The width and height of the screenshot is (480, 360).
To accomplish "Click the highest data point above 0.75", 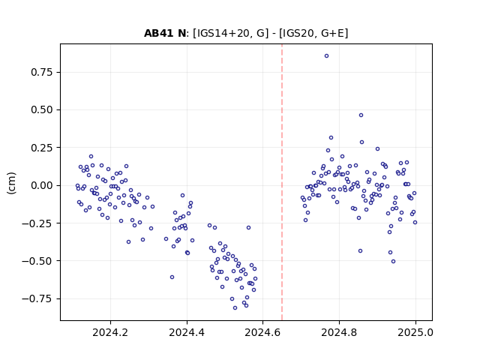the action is tap(327, 56).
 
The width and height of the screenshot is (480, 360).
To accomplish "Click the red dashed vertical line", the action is tap(282, 182).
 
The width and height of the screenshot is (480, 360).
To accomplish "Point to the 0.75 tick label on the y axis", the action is tap(42, 72).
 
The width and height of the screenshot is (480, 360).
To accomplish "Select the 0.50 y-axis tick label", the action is tap(42, 110).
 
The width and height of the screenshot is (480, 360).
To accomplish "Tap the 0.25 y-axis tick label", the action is tap(42, 148).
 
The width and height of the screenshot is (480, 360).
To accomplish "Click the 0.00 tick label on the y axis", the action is tap(42, 185).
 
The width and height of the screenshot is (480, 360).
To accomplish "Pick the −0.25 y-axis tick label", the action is tap(37, 223).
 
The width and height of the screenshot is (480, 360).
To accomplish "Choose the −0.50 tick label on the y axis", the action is tap(37, 261).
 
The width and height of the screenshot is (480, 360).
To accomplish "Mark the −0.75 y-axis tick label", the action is tap(37, 298).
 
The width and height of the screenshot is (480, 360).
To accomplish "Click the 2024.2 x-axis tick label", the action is tap(110, 332).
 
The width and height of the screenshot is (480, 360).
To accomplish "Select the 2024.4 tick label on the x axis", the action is tap(187, 332).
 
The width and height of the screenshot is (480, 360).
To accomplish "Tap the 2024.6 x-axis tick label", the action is tap(262, 332).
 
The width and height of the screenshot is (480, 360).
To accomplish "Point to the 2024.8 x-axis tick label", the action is tap(339, 332).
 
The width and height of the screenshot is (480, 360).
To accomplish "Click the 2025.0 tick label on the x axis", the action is tap(415, 332).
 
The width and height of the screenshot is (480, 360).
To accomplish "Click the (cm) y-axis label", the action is tap(11, 183).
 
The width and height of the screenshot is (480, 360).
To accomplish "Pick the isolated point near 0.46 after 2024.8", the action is tap(361, 115).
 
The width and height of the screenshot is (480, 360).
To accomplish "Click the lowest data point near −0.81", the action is tap(235, 308).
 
